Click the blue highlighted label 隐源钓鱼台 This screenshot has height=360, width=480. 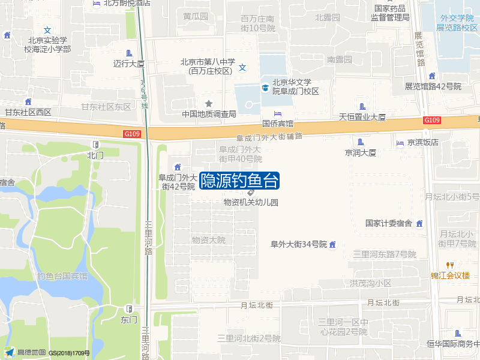[x=239, y=181]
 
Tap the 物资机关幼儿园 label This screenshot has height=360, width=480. [x=251, y=203]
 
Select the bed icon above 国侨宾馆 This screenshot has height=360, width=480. [x=277, y=114]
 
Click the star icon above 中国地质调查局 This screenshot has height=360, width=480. [x=209, y=104]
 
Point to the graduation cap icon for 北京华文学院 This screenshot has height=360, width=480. [x=265, y=88]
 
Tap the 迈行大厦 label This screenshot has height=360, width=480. [x=129, y=63]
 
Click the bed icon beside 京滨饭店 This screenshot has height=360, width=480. [x=400, y=143]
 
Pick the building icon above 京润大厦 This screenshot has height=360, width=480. [x=361, y=142]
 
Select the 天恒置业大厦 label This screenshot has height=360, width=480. [x=362, y=117]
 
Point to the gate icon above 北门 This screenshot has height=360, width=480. [x=95, y=145]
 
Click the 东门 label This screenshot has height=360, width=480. [x=129, y=319]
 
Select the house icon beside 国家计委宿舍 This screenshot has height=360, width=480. [x=419, y=223]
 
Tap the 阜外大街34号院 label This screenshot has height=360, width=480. [x=298, y=244]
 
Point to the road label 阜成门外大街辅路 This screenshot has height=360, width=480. [x=269, y=137]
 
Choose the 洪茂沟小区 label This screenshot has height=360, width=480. [x=371, y=283]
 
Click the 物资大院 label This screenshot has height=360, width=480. [x=208, y=240]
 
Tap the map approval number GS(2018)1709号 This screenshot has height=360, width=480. [x=70, y=353]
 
